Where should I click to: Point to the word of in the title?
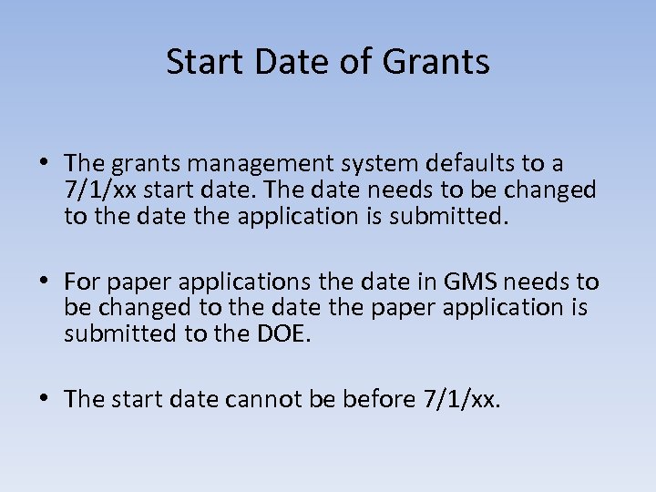(x=357, y=62)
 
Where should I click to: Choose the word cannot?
(x=272, y=398)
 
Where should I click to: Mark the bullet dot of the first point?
(x=45, y=165)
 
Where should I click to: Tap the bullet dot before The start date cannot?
(x=45, y=398)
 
